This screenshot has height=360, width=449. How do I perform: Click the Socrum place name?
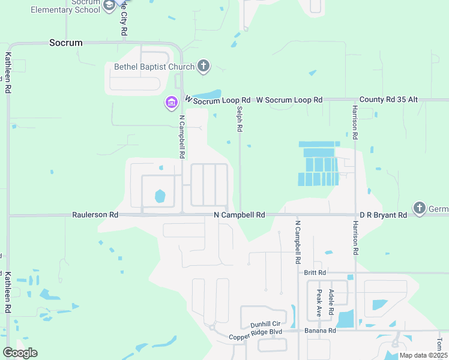point(65,43)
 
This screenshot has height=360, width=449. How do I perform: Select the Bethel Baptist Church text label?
point(155,67)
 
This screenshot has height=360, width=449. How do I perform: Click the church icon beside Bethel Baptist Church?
point(203,66)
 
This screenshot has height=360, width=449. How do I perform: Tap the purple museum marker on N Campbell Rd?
point(171,103)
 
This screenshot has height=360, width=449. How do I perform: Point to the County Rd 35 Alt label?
point(388,100)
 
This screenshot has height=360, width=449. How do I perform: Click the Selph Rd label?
point(239,119)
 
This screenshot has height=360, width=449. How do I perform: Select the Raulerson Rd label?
point(95,214)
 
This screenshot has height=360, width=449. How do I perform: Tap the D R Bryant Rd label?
point(384,214)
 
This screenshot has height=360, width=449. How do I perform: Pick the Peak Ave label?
point(319,304)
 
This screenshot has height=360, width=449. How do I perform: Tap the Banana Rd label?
point(319,330)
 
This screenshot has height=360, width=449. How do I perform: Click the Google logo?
point(20,353)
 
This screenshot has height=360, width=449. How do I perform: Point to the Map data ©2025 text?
point(422,355)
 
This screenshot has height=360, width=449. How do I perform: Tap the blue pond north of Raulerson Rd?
point(160,196)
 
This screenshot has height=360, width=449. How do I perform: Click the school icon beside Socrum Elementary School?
point(109,6)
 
